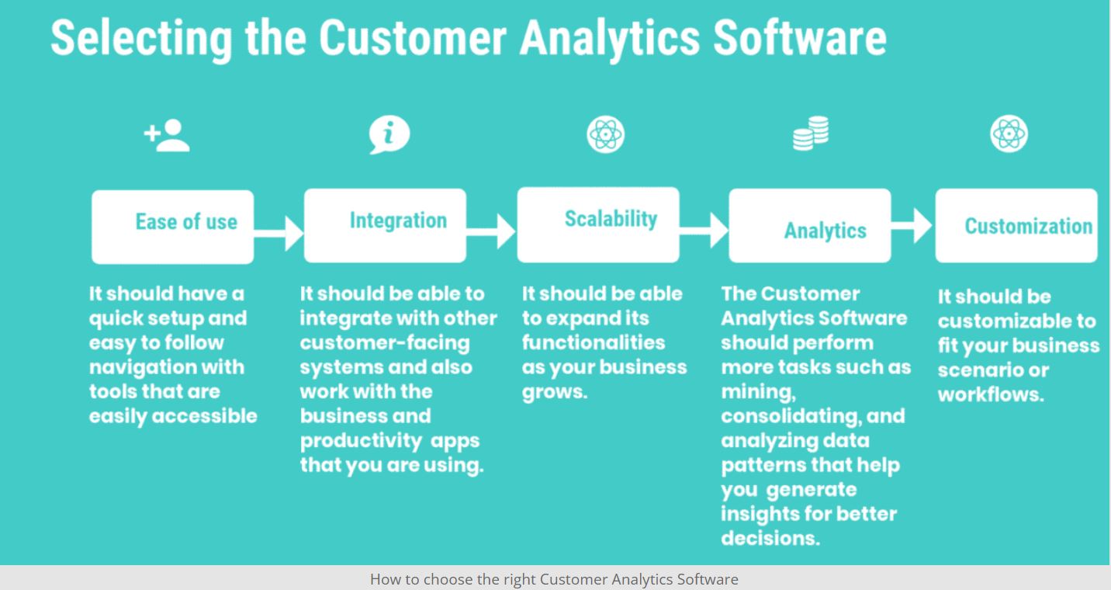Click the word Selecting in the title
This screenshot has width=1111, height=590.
(x=141, y=40)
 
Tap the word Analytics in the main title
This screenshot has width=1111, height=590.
(x=610, y=40)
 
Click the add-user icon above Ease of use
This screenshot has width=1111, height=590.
(x=167, y=135)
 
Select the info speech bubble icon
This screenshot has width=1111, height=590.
(x=389, y=134)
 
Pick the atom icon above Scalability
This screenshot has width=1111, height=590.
(x=606, y=134)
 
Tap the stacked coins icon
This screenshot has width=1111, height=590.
(x=811, y=133)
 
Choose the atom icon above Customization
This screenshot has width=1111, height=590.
(x=1009, y=134)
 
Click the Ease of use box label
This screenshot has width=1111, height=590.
(x=186, y=222)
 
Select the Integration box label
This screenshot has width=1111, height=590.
(x=398, y=220)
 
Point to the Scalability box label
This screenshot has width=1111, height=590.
(x=611, y=219)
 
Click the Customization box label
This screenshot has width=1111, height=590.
(x=1029, y=226)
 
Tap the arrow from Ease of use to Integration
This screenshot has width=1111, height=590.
(x=279, y=233)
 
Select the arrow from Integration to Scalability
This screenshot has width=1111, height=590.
(x=491, y=231)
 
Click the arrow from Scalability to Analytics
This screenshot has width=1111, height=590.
(x=704, y=231)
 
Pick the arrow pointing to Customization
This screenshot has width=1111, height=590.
(x=912, y=226)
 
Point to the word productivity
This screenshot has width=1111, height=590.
(x=361, y=441)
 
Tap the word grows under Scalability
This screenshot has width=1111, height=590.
(x=555, y=392)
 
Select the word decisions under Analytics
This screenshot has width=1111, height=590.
(x=770, y=538)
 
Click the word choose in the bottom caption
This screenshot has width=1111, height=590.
(x=448, y=579)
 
